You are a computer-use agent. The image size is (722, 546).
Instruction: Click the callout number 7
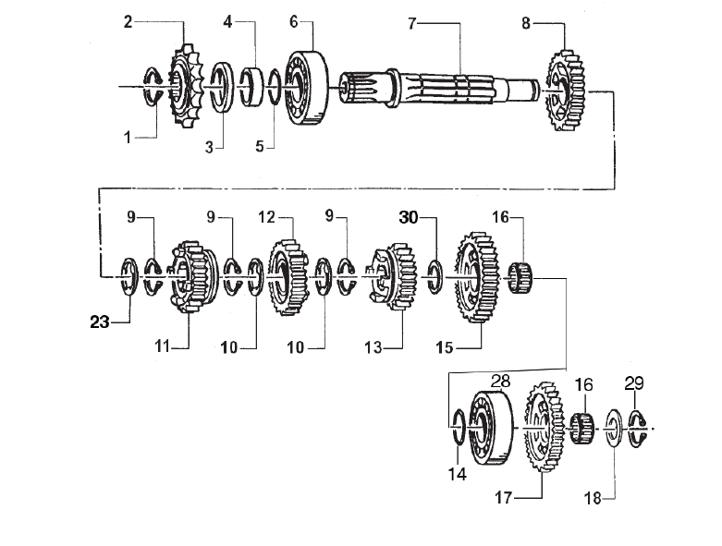click(x=413, y=22)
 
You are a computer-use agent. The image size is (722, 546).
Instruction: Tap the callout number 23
click(x=101, y=322)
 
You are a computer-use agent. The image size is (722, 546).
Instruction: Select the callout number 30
click(x=409, y=218)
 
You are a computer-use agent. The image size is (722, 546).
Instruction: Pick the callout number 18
click(x=593, y=499)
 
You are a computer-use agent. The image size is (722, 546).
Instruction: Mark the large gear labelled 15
click(x=477, y=275)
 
